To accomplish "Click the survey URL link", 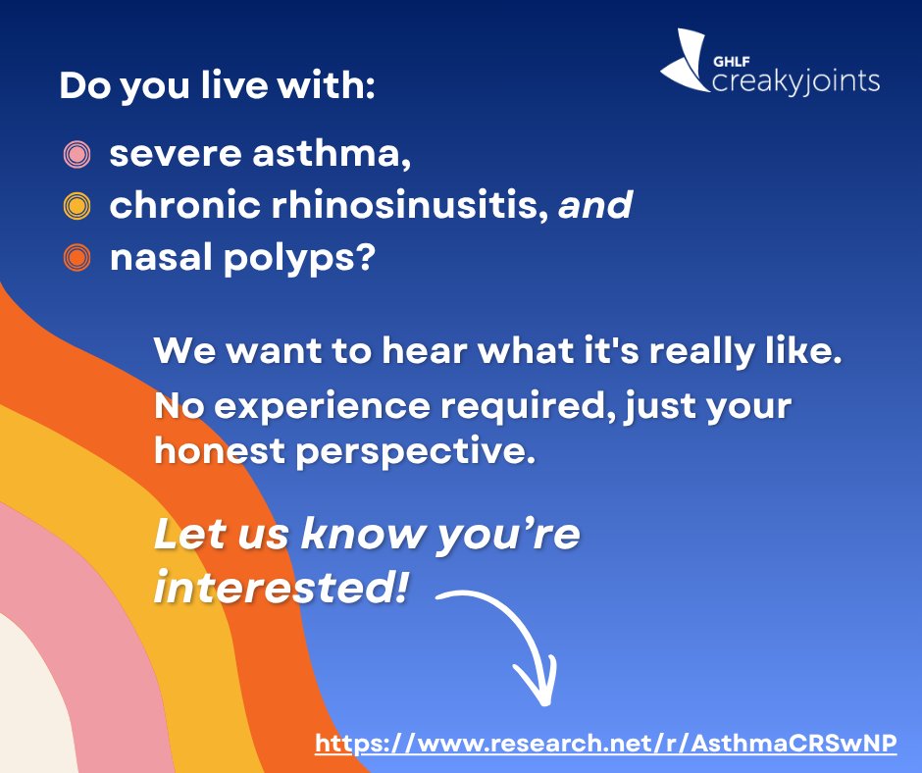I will pyautogui.click(x=606, y=744).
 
